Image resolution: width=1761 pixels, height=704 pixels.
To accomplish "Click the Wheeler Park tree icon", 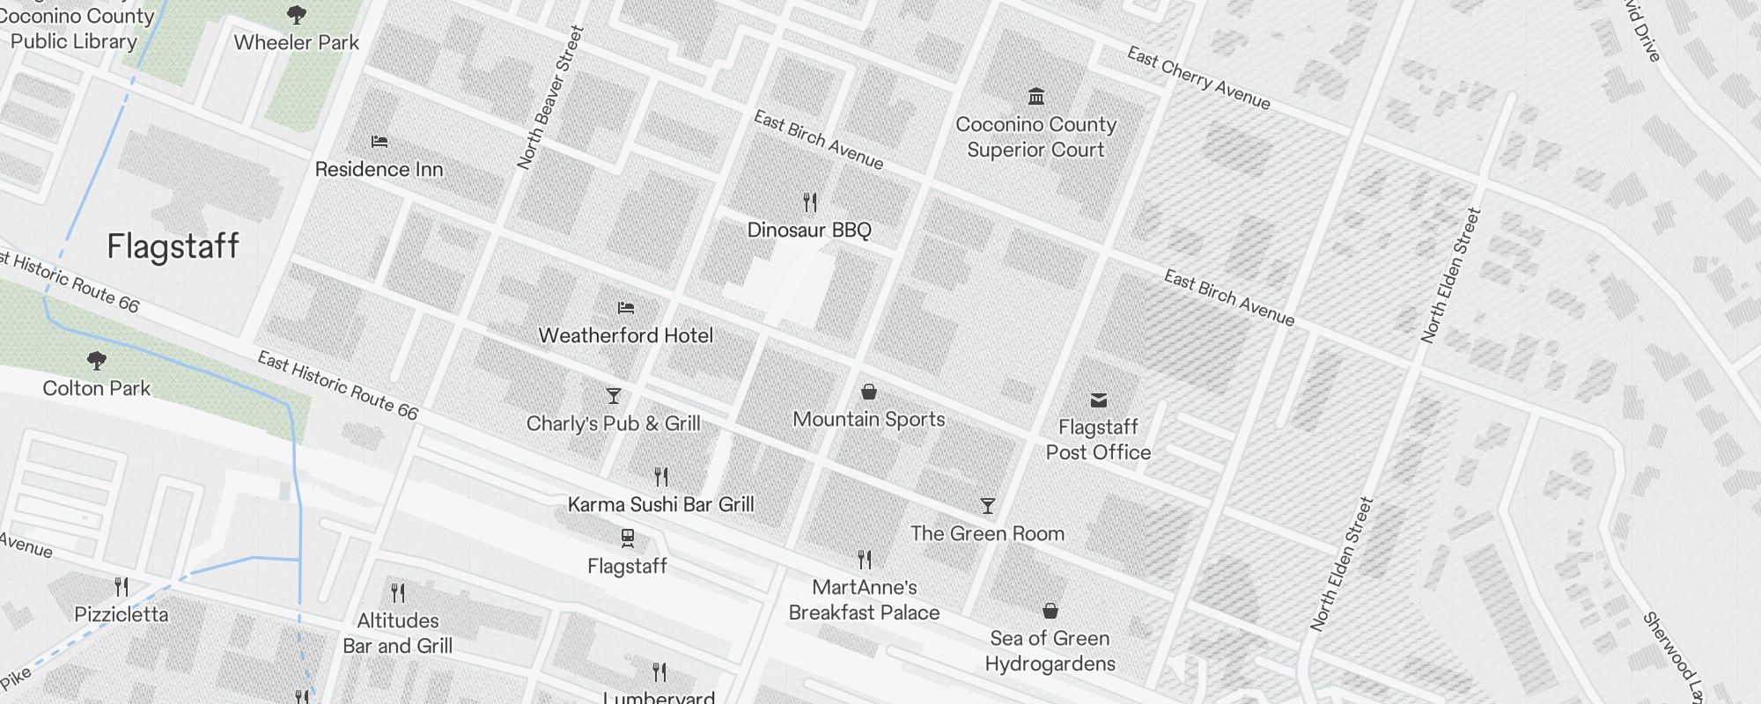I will coord(297,14).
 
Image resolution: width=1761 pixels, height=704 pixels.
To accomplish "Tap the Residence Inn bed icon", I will coord(379,141).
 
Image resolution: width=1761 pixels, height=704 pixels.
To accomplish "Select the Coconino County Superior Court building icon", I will coord(1036,96).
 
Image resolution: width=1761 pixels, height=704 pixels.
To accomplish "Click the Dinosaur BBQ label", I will coord(809,231).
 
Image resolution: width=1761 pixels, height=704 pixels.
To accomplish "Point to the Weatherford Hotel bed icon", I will coord(626,308).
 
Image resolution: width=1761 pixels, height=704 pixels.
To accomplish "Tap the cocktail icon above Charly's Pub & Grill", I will coord(614,396).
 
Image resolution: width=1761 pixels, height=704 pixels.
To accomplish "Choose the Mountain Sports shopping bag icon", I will coord(869,392).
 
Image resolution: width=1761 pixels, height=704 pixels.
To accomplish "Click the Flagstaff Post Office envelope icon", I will coord(1098,400).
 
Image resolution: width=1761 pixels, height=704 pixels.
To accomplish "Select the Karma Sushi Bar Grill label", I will coord(660,504).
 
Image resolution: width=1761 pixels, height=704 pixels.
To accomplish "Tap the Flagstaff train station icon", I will coord(627,538).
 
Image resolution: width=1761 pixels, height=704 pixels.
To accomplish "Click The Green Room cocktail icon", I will coord(988,506).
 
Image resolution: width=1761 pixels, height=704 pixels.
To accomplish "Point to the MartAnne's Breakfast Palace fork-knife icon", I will coord(865,559).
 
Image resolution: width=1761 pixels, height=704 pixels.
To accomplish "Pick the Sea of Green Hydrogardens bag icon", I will coord(1050,611).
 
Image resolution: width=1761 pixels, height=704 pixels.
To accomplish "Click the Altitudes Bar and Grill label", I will coord(398,633).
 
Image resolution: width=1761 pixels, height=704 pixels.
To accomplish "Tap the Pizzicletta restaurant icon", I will coord(122,586).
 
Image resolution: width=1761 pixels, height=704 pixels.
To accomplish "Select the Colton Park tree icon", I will coord(97,360).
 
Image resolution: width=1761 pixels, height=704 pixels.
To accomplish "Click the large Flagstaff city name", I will coord(173,246).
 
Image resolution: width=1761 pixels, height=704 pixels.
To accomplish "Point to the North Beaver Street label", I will coord(550,97).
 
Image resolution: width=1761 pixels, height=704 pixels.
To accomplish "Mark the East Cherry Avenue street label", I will coord(1198,78).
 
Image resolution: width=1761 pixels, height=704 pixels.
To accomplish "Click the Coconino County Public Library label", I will coord(74,29).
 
